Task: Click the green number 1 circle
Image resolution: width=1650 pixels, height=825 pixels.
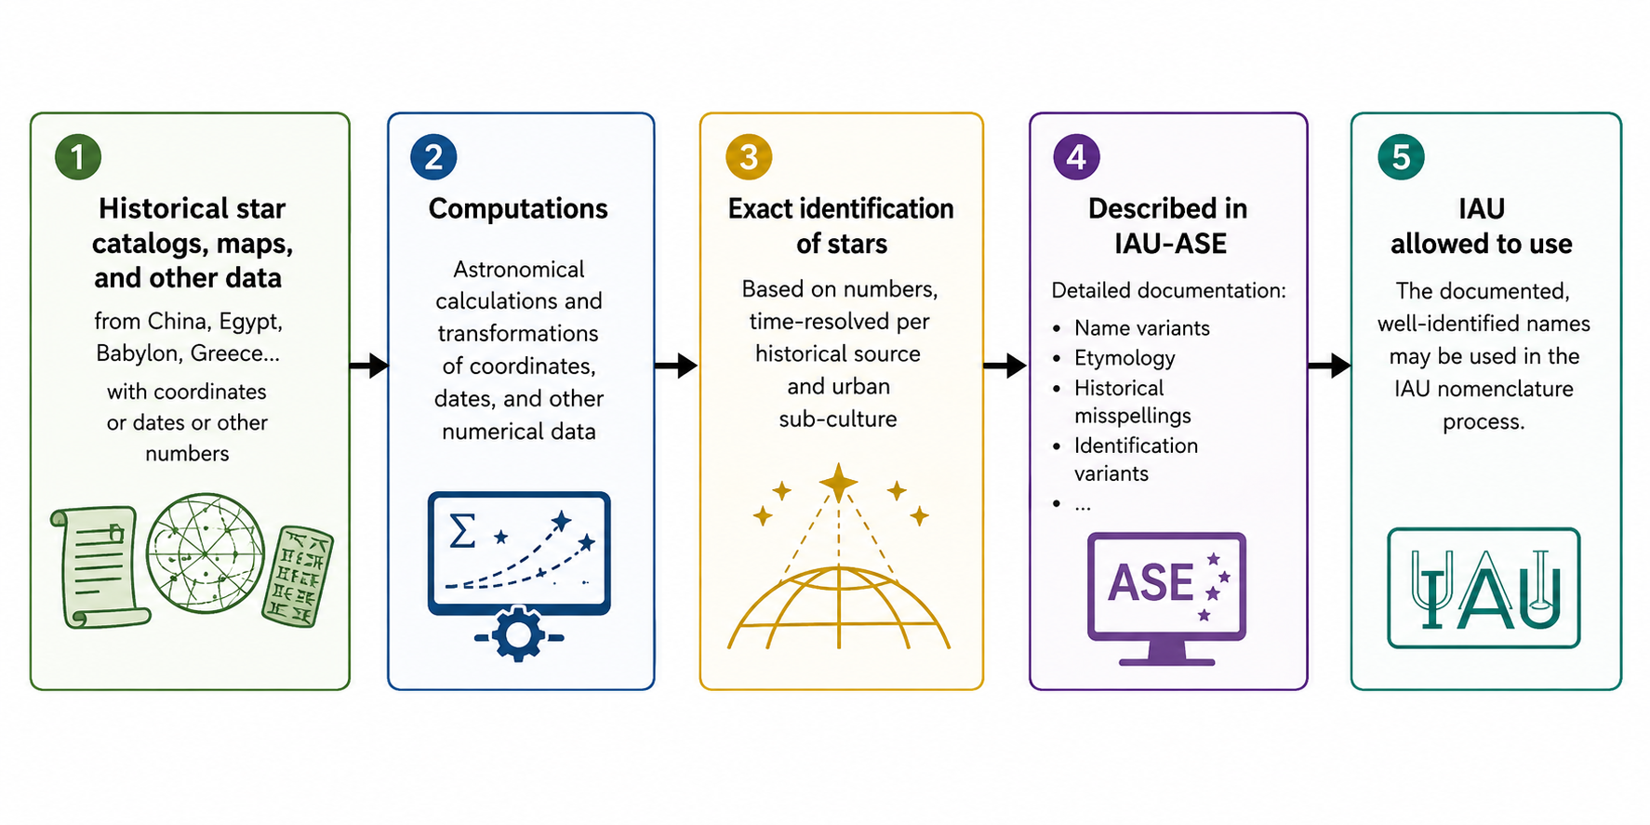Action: [78, 156]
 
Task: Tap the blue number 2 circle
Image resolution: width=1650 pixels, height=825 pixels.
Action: [433, 156]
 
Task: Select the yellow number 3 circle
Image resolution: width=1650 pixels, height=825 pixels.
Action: [749, 156]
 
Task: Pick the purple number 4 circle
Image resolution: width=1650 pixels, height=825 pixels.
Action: [1076, 156]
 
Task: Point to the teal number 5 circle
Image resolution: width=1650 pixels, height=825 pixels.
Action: [1401, 156]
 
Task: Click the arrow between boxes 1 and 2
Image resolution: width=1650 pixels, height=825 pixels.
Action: [369, 366]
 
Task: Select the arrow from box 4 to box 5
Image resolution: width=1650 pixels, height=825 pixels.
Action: [1329, 366]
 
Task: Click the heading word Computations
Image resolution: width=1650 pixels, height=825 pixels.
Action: [518, 209]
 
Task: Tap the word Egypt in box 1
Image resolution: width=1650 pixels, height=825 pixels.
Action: [250, 322]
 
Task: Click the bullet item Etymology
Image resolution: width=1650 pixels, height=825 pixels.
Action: [1124, 359]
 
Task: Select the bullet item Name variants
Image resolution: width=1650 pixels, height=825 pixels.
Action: [1142, 328]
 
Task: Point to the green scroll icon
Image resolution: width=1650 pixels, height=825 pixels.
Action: [99, 566]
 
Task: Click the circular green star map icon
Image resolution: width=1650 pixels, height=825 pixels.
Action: [206, 553]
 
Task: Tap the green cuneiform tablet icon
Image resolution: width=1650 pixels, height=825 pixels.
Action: [297, 577]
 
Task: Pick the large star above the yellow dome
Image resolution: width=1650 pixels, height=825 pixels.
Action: [838, 483]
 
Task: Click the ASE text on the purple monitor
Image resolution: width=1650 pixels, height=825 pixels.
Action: [1151, 583]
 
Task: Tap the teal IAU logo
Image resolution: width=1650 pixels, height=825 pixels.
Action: [1484, 588]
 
